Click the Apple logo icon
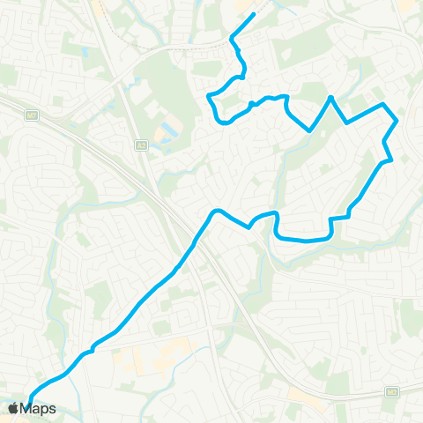(x=15, y=408)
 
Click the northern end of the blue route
(x=254, y=14)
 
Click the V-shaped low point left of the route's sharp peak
(x=309, y=130)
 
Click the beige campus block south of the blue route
(x=141, y=358)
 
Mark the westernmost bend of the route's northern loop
(x=209, y=95)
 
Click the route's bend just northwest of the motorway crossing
(x=213, y=211)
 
